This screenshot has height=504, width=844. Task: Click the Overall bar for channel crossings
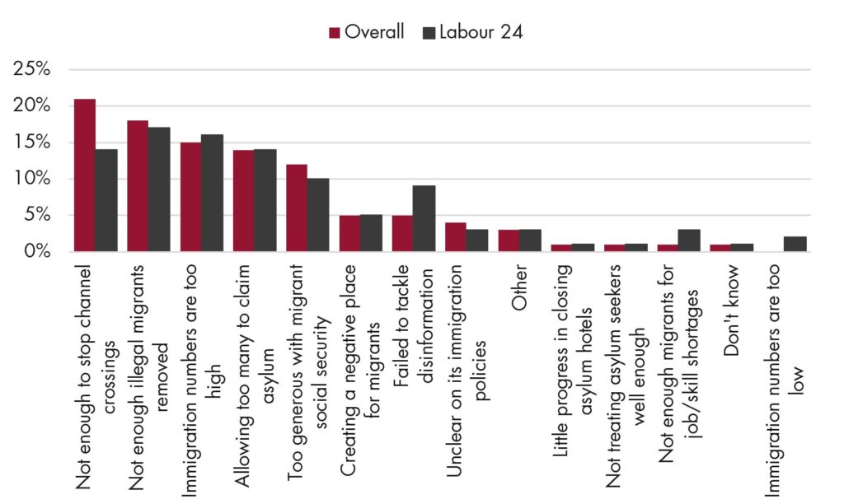(85, 175)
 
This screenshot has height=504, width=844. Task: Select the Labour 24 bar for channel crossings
(106, 201)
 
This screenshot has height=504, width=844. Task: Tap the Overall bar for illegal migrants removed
(138, 186)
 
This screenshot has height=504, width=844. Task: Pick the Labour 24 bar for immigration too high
(213, 193)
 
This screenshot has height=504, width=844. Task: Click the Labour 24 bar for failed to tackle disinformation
(424, 219)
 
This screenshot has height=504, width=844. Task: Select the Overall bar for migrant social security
(297, 208)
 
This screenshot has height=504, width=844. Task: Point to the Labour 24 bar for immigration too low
(795, 245)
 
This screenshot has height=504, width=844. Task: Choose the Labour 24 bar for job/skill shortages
(690, 240)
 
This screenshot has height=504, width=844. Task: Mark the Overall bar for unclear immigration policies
(455, 237)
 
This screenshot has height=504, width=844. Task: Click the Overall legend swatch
(335, 33)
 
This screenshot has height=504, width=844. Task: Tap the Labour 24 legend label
(481, 32)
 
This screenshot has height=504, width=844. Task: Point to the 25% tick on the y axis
(32, 69)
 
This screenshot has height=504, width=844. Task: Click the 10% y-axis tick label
(32, 179)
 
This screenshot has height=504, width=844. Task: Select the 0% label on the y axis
(36, 251)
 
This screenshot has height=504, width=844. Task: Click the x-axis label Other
(519, 287)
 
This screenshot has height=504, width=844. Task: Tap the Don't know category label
(732, 310)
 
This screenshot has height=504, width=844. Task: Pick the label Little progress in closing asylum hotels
(573, 361)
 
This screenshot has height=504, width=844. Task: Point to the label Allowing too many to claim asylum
(255, 376)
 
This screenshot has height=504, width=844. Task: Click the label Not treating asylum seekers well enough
(626, 376)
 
